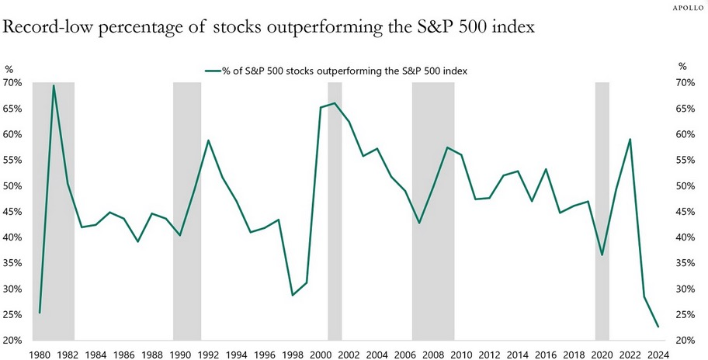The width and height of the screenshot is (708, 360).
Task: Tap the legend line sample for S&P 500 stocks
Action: [212, 71]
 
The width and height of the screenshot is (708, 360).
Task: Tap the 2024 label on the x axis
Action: [658, 355]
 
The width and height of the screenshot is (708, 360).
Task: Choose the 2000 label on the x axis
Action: [321, 355]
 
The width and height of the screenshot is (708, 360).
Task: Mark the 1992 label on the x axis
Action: [208, 355]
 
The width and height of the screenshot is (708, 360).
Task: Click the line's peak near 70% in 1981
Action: [54, 85]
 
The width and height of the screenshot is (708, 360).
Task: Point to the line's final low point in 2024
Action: [658, 327]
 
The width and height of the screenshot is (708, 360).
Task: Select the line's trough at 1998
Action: [293, 295]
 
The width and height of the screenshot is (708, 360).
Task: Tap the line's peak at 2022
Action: [630, 140]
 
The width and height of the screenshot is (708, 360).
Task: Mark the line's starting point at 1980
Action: [40, 313]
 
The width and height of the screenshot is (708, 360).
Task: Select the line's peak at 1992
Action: [208, 140]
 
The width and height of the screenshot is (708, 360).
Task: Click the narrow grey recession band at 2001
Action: [335, 209]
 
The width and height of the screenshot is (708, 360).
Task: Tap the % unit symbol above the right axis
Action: [682, 67]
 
